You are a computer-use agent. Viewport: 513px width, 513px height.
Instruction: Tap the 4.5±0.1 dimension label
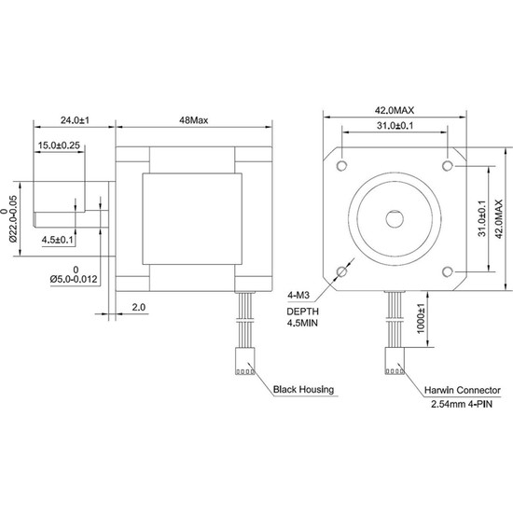tap(58, 240)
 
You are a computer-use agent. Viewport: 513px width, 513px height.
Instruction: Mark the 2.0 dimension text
tap(138, 306)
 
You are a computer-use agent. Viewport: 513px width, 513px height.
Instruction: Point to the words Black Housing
tap(303, 391)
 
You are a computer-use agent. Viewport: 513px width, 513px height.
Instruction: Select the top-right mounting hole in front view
tap(448, 164)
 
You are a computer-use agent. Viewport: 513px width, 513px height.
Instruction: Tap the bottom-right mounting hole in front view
tap(448, 272)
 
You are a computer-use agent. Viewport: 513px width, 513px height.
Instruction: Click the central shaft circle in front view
tap(394, 218)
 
